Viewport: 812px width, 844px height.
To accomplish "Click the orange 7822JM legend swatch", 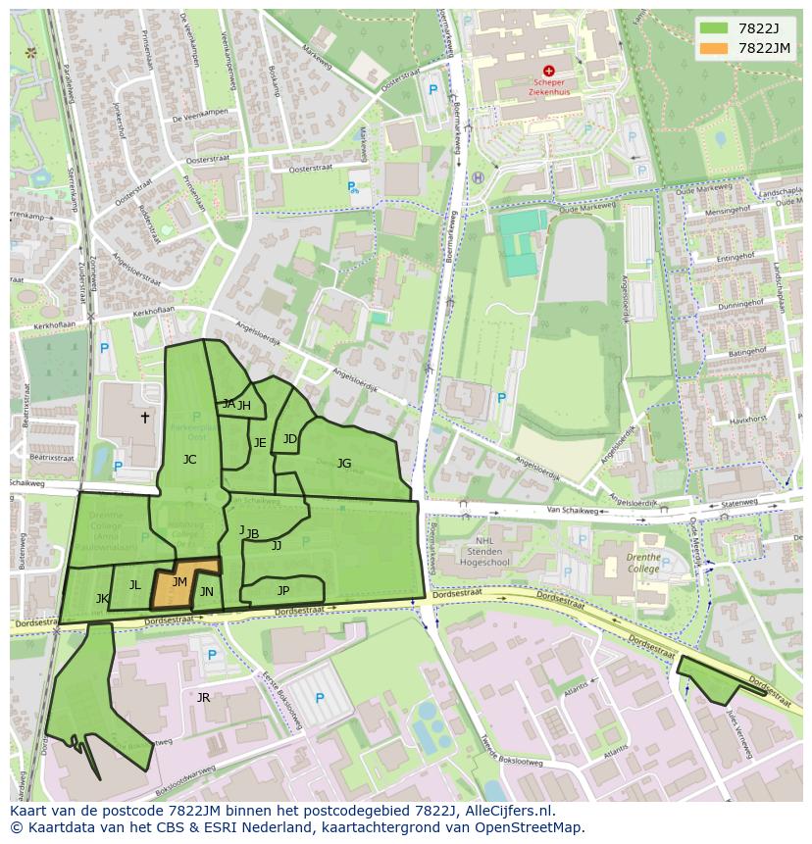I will pyautogui.click(x=714, y=48).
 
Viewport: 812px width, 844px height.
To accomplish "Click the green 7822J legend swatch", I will pyautogui.click(x=714, y=28).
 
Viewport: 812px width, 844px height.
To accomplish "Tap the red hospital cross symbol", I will pyautogui.click(x=549, y=71).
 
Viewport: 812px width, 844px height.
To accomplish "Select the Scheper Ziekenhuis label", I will pyautogui.click(x=549, y=88).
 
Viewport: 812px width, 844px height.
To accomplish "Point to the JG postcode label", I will pyautogui.click(x=344, y=464).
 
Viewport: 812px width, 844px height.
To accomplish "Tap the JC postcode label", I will pyautogui.click(x=189, y=459).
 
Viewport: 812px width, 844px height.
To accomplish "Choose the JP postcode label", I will pyautogui.click(x=283, y=590).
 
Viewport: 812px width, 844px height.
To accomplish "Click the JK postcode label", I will pyautogui.click(x=102, y=598).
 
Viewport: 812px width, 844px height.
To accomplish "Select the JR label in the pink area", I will pyautogui.click(x=203, y=698).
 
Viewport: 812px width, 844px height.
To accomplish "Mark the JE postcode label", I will pyautogui.click(x=260, y=443).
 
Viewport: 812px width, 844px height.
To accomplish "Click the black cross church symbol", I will pyautogui.click(x=145, y=418).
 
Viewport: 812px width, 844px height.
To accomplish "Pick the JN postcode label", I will pyautogui.click(x=207, y=592).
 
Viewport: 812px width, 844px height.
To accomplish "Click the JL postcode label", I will pyautogui.click(x=135, y=585).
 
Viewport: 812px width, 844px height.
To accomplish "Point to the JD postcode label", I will pyautogui.click(x=290, y=439).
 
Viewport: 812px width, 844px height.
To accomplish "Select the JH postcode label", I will pyautogui.click(x=244, y=406).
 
